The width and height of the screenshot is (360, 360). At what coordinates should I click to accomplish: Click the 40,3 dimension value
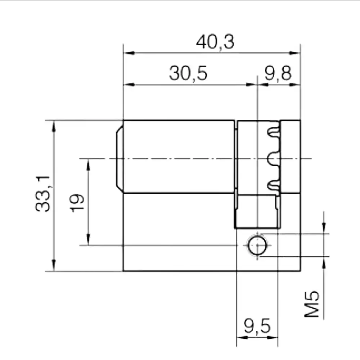[x=215, y=42]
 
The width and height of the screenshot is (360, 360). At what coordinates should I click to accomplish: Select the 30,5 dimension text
[x=188, y=73]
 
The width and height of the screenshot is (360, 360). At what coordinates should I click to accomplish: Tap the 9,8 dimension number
[x=278, y=73]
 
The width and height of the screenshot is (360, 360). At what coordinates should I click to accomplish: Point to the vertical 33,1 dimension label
[x=43, y=194]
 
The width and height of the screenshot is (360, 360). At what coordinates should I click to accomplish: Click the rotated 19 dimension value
[x=77, y=203]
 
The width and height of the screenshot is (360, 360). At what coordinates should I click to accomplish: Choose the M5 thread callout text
[x=311, y=304]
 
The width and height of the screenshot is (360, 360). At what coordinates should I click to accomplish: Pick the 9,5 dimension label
[x=257, y=326]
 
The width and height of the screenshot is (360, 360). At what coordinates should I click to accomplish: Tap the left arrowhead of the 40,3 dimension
[x=129, y=53]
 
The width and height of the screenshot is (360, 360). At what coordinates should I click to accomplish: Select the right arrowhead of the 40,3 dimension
[x=294, y=53]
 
